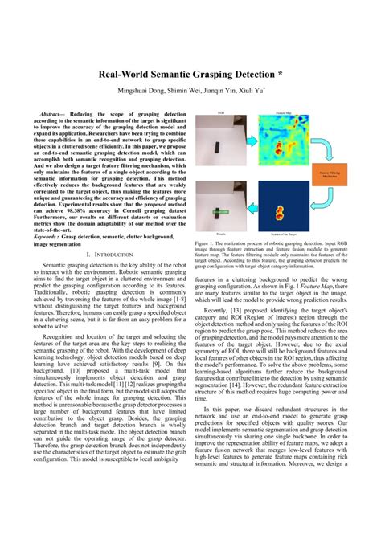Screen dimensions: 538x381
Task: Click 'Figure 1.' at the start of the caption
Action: [x=207, y=242]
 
